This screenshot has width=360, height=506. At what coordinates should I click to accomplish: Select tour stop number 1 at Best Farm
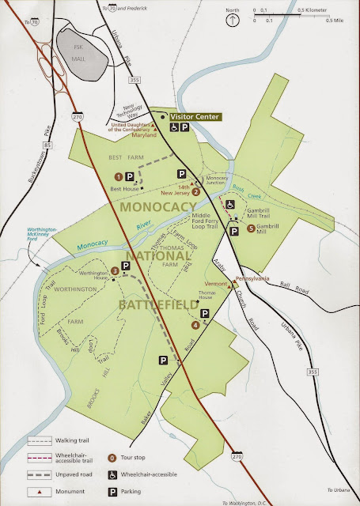click(x=118, y=176)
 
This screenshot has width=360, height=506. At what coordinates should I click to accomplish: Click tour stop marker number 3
click(x=115, y=271)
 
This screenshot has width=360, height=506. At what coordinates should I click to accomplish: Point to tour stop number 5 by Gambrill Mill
click(x=252, y=228)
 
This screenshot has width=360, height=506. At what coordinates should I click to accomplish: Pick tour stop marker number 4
click(x=195, y=324)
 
